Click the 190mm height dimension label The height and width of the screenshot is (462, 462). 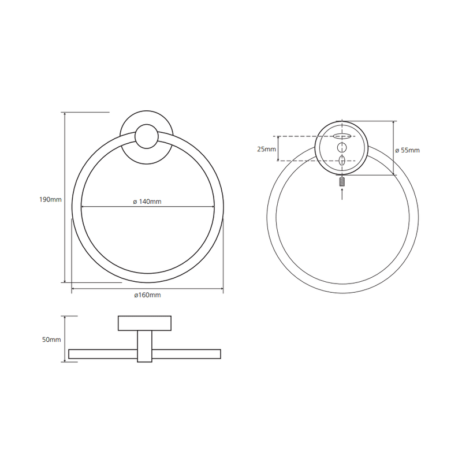[x=50, y=199]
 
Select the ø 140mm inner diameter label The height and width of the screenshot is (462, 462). [x=147, y=202]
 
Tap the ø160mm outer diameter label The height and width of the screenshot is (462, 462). [x=148, y=295]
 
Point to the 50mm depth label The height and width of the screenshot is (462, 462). [x=51, y=340]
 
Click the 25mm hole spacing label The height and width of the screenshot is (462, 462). [x=266, y=149]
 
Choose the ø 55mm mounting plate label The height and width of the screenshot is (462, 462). [x=408, y=150]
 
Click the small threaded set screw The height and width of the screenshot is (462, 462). [x=342, y=181]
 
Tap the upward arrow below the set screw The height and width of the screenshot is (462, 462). [x=342, y=194]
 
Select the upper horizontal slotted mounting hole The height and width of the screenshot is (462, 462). [x=342, y=136]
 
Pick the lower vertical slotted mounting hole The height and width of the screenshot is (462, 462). [x=342, y=161]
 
